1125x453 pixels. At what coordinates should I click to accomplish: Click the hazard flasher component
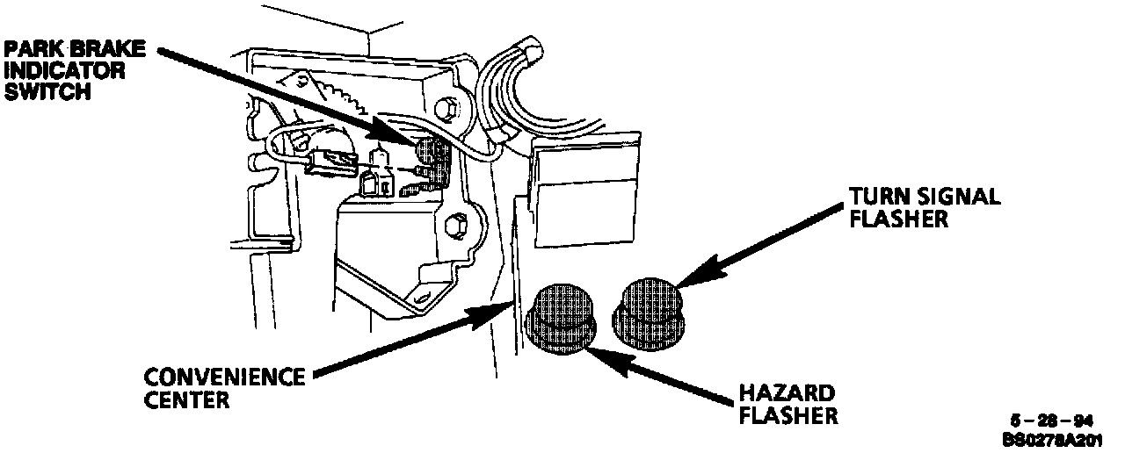click(560, 320)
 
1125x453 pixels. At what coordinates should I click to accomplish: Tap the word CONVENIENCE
click(223, 380)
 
